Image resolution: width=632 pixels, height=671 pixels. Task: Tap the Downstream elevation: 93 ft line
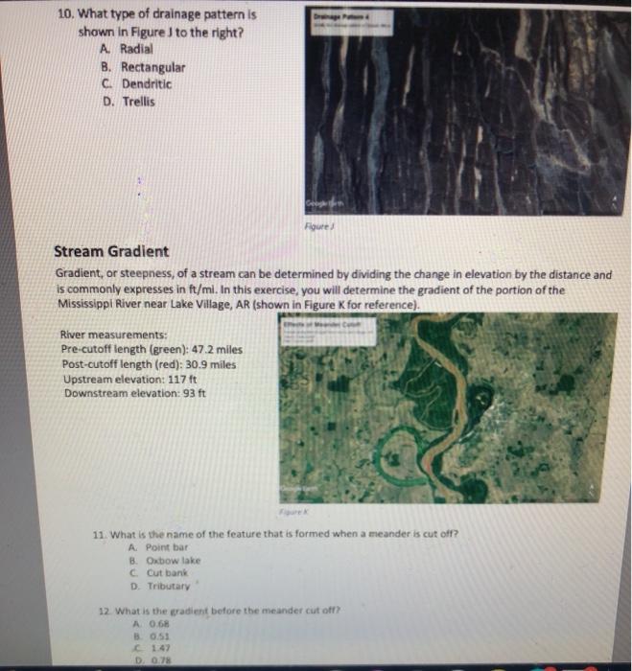tap(133, 393)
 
